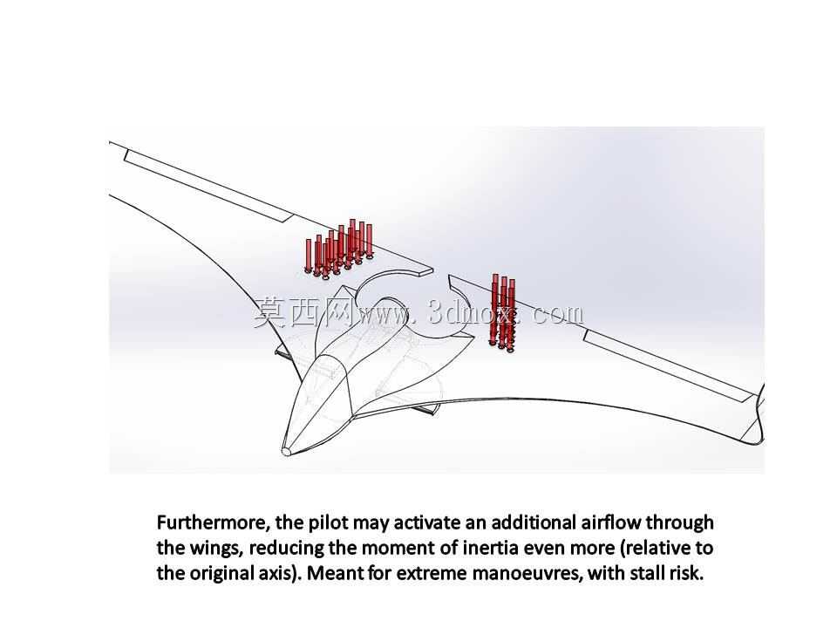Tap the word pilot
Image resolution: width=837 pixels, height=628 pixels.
[328, 522]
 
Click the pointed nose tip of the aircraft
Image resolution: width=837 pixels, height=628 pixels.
[286, 452]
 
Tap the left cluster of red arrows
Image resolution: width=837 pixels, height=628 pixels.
[338, 249]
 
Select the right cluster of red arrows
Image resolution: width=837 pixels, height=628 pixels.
[503, 313]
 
